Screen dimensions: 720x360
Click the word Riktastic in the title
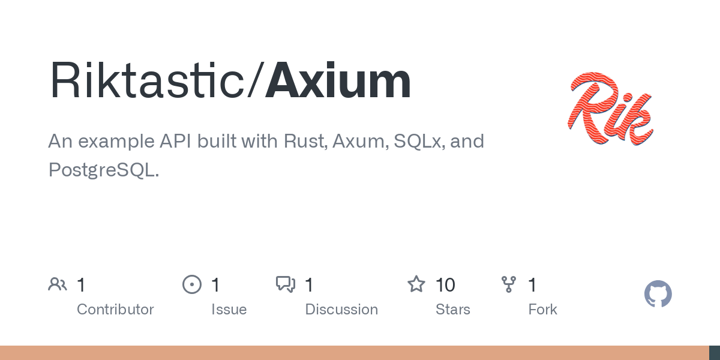(x=147, y=80)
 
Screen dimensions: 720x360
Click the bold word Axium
(x=338, y=80)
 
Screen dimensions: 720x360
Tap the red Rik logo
(x=610, y=109)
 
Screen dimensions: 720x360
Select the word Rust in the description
(x=305, y=141)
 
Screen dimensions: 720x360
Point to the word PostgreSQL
(x=103, y=170)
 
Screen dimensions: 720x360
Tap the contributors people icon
(x=58, y=284)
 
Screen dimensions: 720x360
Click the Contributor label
(x=115, y=310)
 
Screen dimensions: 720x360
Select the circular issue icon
(x=192, y=284)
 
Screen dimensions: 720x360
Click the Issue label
(x=229, y=310)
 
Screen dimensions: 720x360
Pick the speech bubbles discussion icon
(x=286, y=284)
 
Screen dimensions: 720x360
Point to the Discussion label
(x=341, y=310)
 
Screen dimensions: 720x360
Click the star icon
(x=416, y=284)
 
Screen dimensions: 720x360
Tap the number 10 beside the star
(x=445, y=285)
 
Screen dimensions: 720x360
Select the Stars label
(x=452, y=310)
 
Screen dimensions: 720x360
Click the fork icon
(x=509, y=284)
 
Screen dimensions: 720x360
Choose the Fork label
(x=542, y=310)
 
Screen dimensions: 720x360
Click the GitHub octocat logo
(x=658, y=294)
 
